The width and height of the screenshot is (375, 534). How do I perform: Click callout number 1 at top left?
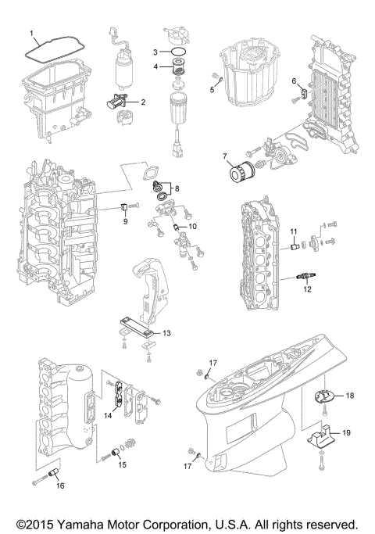[x=32, y=34]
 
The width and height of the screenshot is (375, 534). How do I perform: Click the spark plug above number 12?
[x=302, y=276]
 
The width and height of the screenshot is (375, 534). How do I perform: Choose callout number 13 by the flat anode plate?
[x=166, y=332]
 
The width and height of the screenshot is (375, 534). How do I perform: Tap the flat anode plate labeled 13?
[x=139, y=328]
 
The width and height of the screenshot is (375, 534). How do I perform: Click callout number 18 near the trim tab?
[x=349, y=396]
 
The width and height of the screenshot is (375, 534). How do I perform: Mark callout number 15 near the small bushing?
[x=122, y=464]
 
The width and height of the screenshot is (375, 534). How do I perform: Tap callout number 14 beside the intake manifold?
[x=109, y=416]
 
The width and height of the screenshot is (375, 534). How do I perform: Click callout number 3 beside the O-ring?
[x=155, y=51]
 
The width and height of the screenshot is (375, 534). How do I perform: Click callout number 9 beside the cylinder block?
[x=123, y=221]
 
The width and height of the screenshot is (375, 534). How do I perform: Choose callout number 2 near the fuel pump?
[x=143, y=102]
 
